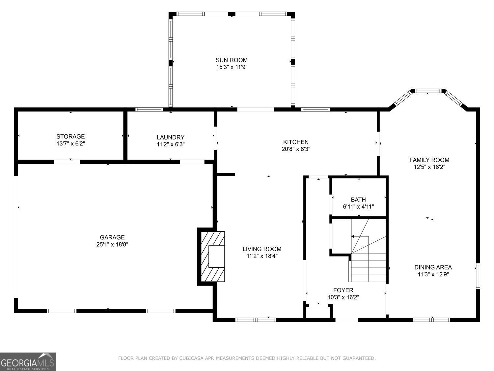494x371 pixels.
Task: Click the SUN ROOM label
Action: [x=232, y=60]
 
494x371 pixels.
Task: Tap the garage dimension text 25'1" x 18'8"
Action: [x=112, y=244]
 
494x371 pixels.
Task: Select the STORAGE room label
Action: [x=70, y=136]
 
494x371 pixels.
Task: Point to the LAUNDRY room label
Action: [x=170, y=137]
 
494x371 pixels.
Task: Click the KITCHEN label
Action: [x=296, y=142]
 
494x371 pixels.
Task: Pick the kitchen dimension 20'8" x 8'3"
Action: [x=296, y=149]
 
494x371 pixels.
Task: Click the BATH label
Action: [x=358, y=200]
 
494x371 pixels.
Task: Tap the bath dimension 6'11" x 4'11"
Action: [x=358, y=207]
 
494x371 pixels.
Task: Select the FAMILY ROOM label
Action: [x=429, y=160]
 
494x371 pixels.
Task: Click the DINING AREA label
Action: [x=433, y=267]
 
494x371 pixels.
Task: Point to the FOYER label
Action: [x=343, y=290]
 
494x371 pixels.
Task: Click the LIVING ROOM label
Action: [x=262, y=249]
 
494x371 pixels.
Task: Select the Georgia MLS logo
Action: [x=28, y=362]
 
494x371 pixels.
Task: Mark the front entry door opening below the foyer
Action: [x=346, y=319]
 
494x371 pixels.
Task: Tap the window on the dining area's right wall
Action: [x=478, y=276]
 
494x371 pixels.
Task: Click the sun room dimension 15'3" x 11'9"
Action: [x=232, y=67]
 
